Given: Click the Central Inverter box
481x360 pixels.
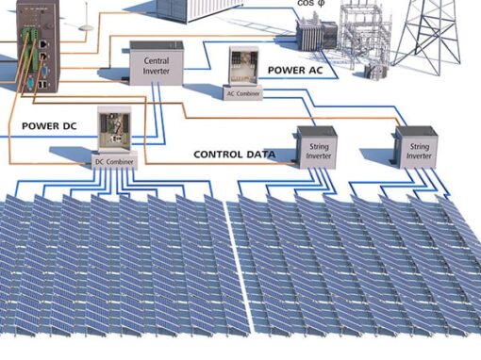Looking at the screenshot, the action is click(x=157, y=63).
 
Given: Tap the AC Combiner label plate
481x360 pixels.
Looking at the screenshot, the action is click(x=243, y=93).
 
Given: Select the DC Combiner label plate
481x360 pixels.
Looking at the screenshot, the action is click(x=114, y=161).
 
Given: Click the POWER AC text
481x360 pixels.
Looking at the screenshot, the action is click(x=295, y=70).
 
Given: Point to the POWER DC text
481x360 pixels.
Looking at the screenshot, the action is click(x=49, y=126).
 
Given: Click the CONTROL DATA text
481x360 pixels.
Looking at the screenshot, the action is click(x=234, y=155).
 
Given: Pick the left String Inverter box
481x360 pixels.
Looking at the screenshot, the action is click(x=317, y=148).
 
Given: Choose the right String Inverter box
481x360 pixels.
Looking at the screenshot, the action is click(x=416, y=148).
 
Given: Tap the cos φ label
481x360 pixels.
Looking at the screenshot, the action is click(x=310, y=3).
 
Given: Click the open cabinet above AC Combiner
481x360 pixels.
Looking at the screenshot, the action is click(x=243, y=66).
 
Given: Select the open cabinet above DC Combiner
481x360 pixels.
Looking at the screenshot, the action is click(x=114, y=129).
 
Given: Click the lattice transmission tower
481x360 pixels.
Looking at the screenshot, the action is click(x=428, y=36).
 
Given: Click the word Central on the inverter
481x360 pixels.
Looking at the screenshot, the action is click(x=157, y=60).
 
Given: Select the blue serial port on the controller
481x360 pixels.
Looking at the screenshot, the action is click(x=44, y=72).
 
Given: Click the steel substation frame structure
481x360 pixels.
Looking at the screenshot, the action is click(x=365, y=35).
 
